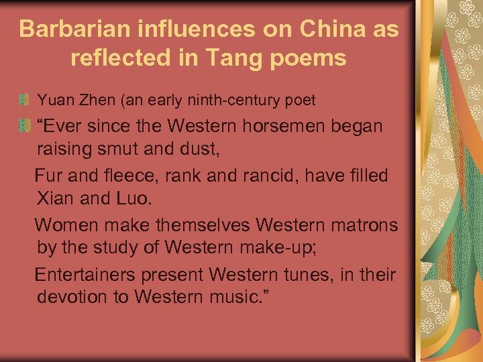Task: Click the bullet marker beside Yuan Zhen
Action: coord(25,101)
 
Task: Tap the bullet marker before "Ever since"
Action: coord(25,125)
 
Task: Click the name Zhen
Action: coord(99,101)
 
